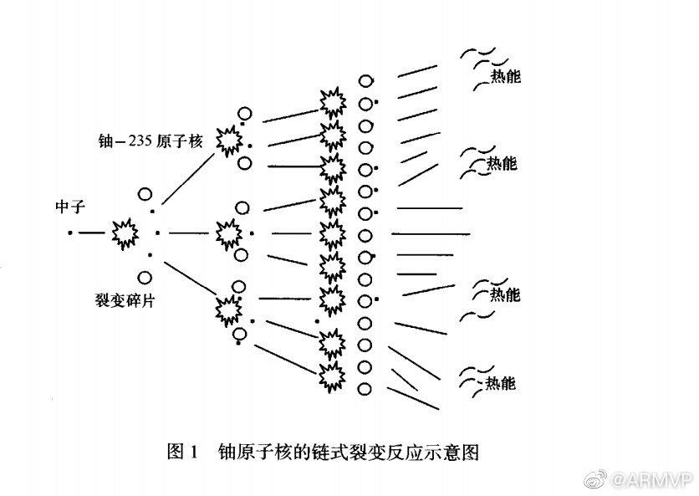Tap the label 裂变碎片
tap(125, 300)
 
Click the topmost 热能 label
tap(505, 77)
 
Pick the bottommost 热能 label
tap(501, 384)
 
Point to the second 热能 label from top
tap(502, 163)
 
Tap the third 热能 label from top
tap(504, 294)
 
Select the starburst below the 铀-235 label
tap(227, 141)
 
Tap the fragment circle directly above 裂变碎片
tap(145, 277)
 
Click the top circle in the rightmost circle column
tap(365, 81)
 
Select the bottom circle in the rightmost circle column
tap(365, 388)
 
